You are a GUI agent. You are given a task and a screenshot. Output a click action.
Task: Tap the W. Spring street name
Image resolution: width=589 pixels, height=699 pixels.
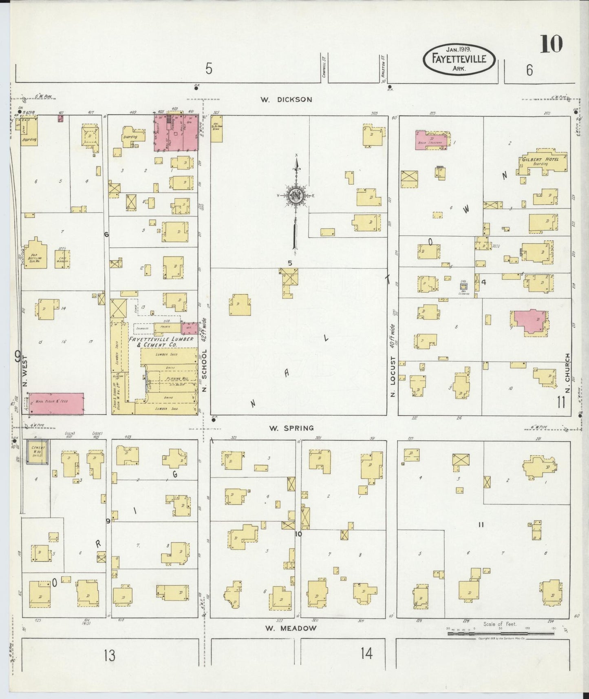291,428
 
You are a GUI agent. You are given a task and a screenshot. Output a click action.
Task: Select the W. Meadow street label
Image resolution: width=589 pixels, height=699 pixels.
291,628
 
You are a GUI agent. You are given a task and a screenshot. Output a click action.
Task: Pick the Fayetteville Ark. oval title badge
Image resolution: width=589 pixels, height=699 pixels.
460,60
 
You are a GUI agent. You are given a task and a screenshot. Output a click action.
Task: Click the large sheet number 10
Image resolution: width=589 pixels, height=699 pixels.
551,44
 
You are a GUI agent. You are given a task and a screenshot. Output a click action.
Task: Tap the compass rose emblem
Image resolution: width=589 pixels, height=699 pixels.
296,196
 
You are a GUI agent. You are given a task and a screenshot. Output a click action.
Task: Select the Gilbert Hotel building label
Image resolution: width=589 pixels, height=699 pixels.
540,159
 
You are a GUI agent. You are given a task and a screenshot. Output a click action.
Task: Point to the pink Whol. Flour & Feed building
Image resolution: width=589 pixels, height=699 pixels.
56,403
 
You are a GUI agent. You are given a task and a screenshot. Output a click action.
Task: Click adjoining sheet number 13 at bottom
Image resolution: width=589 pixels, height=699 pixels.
109,656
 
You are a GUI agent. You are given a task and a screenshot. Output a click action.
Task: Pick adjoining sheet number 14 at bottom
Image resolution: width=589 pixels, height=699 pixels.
366,654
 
